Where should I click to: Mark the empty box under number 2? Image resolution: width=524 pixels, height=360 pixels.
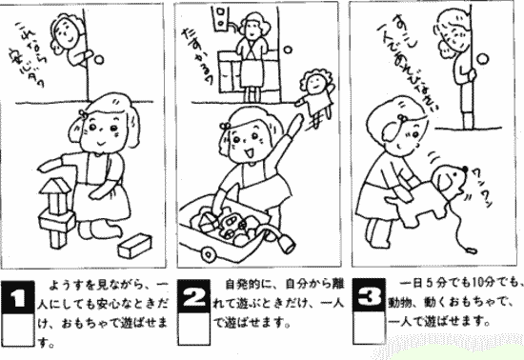click(195, 327)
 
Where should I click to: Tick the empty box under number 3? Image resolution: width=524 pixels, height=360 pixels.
click(370, 327)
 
